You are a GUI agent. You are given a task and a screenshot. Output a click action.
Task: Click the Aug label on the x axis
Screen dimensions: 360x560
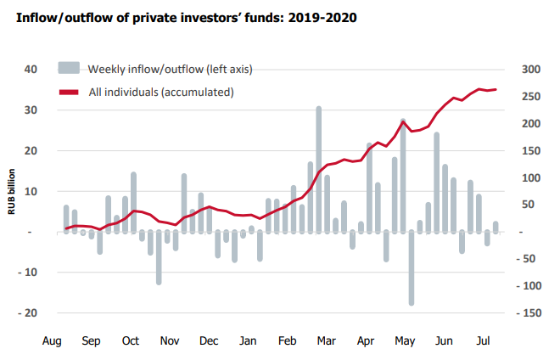(53, 341)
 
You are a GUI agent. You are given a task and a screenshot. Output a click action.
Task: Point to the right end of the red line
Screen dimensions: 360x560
(496, 89)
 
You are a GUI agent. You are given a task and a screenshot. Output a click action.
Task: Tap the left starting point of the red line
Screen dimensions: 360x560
(66, 228)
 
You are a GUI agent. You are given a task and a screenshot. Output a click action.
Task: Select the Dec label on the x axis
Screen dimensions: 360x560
(208, 341)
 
